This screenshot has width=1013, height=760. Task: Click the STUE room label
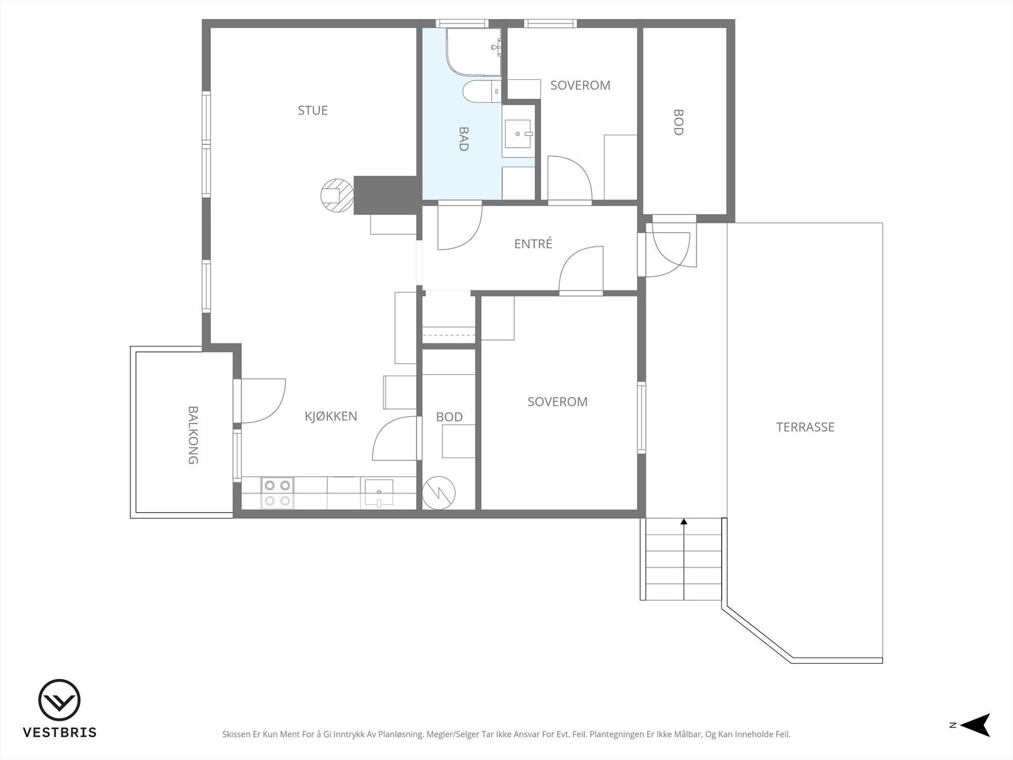point(312,110)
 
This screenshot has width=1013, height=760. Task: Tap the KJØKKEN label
point(331,416)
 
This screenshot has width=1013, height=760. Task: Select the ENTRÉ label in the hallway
point(533,243)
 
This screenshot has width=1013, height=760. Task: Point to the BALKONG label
point(193,435)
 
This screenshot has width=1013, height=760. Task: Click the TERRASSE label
point(805,427)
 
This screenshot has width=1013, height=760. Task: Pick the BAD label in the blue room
point(463,139)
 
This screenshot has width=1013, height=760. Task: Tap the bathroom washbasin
point(518,134)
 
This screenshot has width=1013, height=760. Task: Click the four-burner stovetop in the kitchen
point(277,493)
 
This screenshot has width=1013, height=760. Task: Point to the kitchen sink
point(379,492)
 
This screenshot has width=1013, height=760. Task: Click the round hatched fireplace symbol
point(337,195)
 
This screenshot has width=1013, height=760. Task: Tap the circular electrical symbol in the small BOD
point(439,493)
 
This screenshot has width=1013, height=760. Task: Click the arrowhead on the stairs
point(684,521)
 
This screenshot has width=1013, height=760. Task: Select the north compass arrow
point(976,725)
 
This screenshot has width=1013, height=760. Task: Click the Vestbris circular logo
point(60,700)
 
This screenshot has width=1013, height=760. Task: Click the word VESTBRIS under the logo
point(60,732)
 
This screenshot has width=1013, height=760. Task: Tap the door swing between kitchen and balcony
point(263,400)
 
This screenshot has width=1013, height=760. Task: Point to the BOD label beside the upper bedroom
point(678,122)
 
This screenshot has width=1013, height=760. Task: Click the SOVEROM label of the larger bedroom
point(558,402)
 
